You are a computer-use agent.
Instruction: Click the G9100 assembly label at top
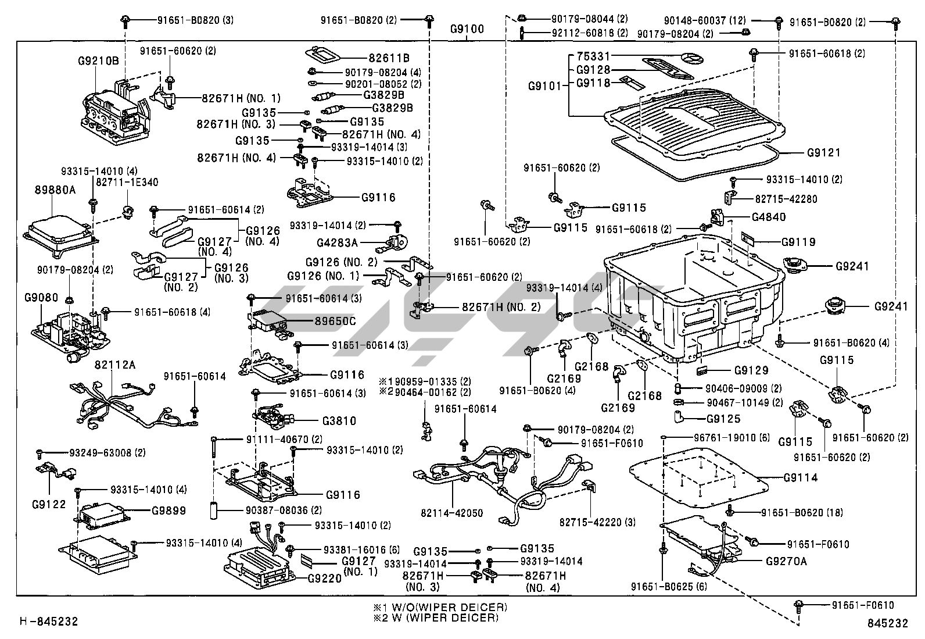[x=467, y=30]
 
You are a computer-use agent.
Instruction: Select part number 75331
[x=594, y=57]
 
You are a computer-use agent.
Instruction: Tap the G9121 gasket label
[x=823, y=153]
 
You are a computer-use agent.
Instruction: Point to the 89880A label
[x=55, y=189]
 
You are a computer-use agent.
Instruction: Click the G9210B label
[x=98, y=59]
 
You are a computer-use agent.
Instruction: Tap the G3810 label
[x=339, y=420]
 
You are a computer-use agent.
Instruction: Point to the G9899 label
[x=168, y=511]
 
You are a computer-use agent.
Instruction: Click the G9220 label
[x=324, y=579]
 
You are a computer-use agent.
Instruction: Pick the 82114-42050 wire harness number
[x=452, y=513]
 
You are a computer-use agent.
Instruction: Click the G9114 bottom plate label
[x=800, y=478]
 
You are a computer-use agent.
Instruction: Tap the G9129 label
[x=751, y=370]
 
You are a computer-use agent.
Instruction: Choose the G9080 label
[x=41, y=298]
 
